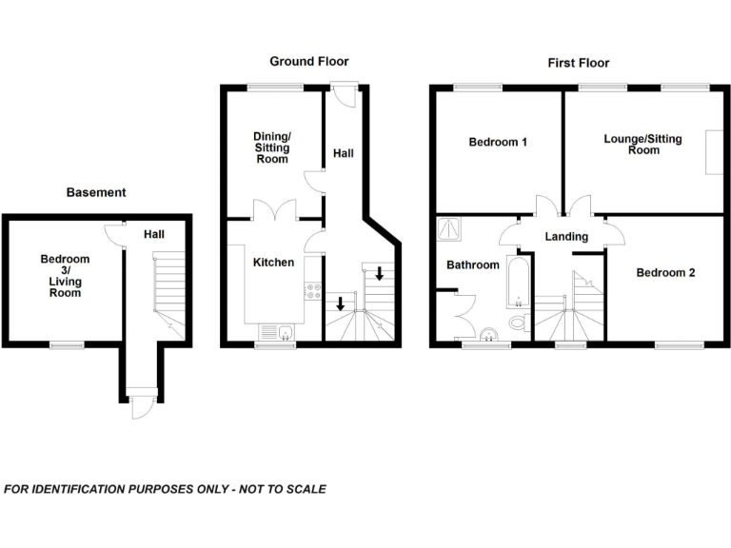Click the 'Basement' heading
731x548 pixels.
[95, 192]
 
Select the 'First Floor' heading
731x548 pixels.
[578, 63]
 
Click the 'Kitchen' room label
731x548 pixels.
[273, 262]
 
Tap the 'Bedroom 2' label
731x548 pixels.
[665, 272]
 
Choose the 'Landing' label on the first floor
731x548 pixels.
[566, 237]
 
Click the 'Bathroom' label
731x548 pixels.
[473, 264]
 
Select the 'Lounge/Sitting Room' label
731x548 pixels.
[643, 145]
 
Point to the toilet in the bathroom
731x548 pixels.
[518, 323]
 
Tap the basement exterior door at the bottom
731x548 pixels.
[140, 406]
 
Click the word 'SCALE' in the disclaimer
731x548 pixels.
[304, 489]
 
